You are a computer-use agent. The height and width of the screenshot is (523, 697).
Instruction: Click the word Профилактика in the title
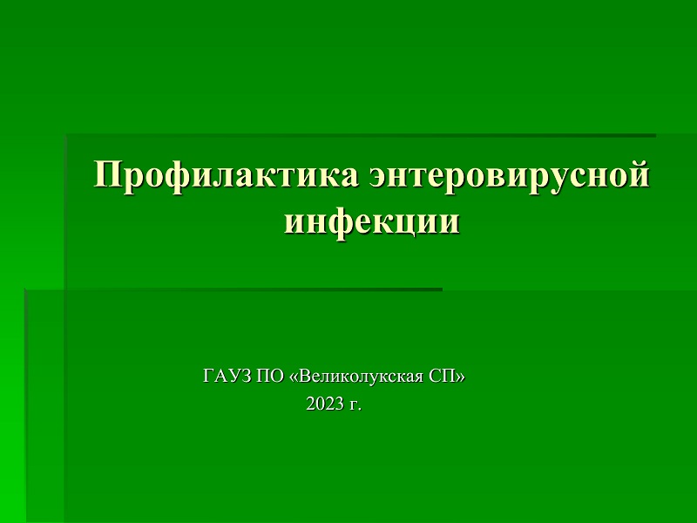coord(226,176)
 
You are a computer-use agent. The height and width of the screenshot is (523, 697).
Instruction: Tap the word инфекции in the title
coord(372,221)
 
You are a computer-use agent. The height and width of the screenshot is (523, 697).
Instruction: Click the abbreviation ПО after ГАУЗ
coord(270,377)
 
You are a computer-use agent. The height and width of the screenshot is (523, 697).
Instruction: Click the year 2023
coord(325,404)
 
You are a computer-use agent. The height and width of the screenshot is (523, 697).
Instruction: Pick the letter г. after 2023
coord(355,405)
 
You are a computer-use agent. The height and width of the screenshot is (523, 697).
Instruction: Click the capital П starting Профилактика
coord(107,174)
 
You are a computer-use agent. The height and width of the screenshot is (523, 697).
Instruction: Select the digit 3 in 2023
coord(339,404)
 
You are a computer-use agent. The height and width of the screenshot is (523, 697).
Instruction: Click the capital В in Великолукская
coord(303,377)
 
